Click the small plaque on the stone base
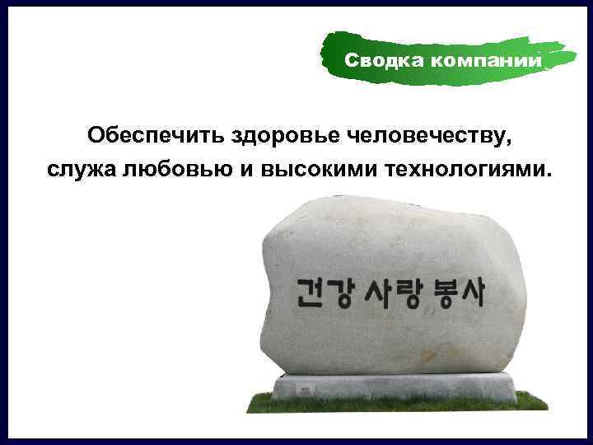[x=306, y=387]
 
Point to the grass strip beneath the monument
[x=395, y=405]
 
